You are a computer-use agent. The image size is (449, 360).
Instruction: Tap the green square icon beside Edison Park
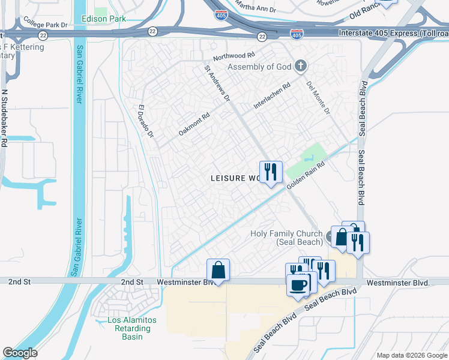pyautogui.click(x=100, y=11)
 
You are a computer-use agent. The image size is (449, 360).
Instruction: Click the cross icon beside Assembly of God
pyautogui.click(x=301, y=67)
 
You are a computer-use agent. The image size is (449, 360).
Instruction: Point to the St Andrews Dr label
pyautogui.click(x=217, y=84)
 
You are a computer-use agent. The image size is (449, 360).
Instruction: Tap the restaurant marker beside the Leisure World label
pyautogui.click(x=271, y=172)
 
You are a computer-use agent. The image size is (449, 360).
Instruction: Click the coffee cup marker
pyautogui.click(x=298, y=284)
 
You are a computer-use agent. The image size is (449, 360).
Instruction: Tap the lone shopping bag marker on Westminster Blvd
pyautogui.click(x=218, y=270)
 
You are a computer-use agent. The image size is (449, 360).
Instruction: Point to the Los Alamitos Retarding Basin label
pyautogui.click(x=131, y=328)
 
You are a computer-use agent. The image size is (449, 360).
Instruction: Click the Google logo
pyautogui.click(x=20, y=353)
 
